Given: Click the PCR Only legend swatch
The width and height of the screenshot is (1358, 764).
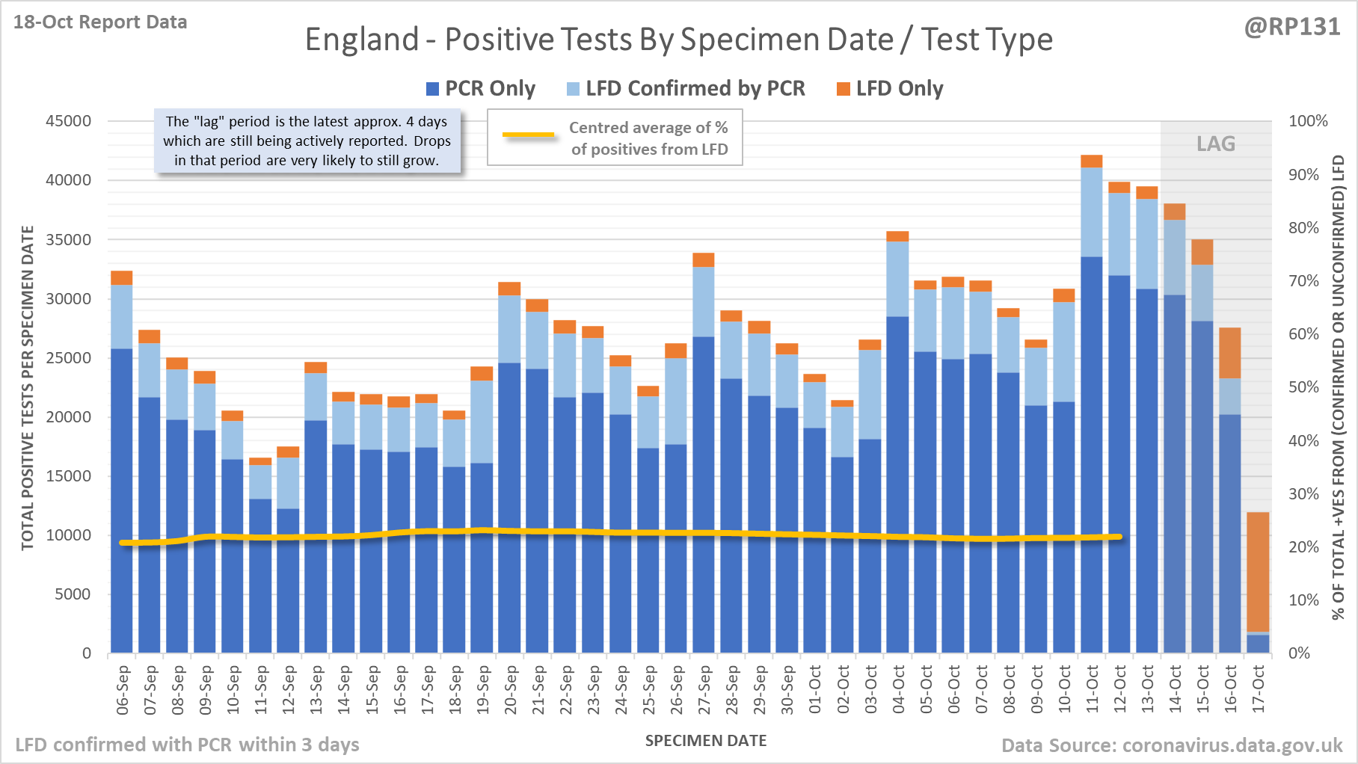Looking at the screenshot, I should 432,89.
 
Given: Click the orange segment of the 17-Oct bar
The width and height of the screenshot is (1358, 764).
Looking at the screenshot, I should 1258,572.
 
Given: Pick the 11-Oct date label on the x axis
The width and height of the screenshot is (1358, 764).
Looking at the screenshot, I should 1092,689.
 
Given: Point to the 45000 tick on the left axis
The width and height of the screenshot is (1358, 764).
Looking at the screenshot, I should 68,121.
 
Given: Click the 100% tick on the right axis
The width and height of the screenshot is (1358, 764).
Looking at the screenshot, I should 1308,121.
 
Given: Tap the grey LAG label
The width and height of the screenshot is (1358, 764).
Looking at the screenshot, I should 1215,144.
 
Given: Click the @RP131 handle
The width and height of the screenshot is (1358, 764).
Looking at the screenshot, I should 1292,27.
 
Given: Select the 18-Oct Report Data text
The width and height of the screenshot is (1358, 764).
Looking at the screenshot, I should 100,22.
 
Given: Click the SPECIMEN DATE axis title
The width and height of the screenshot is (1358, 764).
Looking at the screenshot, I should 706,741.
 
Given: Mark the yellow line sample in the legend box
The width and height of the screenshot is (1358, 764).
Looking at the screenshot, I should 529,135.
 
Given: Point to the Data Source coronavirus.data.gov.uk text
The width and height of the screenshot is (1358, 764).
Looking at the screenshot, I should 1172,745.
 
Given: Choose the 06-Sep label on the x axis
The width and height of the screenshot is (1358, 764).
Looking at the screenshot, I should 123,689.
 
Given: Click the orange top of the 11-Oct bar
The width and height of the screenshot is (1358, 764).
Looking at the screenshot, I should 1092,161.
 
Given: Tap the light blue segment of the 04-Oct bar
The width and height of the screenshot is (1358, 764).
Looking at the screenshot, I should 897,279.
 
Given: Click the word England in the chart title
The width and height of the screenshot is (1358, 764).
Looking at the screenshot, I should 362,40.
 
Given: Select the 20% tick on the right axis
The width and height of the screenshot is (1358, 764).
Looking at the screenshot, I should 1303,547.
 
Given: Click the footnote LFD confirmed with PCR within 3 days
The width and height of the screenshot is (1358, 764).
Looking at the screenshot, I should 187,745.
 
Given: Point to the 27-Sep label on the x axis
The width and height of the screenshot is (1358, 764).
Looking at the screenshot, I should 704,689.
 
